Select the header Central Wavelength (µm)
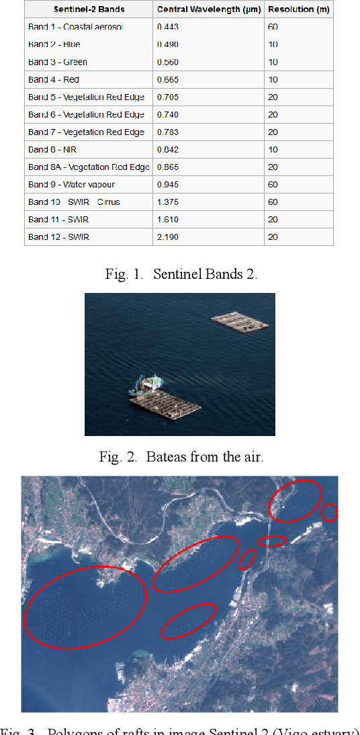pos(209,9)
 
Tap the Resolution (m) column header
pos(299,9)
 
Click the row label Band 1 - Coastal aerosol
pos(75,27)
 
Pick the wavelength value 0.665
pos(168,79)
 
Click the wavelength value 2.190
pos(168,236)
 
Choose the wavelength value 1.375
pos(168,202)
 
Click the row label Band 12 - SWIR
pos(58,236)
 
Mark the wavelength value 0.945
pos(168,184)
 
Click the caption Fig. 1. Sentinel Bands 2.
pos(181,274)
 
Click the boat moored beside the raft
pos(150,385)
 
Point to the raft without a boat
pos(240,321)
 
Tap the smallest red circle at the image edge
pos(329,513)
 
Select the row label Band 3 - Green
pos(58,62)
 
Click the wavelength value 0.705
pos(168,97)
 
